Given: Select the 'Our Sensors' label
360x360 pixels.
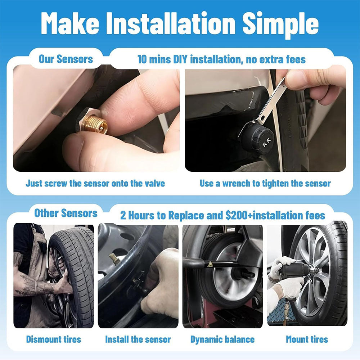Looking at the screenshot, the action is click(66, 59).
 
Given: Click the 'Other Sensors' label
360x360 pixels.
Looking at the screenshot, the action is click(66, 213).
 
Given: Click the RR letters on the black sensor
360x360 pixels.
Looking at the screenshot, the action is click(267, 142).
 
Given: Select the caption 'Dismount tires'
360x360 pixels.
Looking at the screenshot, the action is click(54, 339).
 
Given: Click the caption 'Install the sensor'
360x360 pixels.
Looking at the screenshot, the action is click(138, 339).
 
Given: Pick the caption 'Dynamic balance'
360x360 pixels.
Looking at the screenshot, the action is click(222, 339).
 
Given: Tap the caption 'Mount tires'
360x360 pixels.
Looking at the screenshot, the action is click(307, 339).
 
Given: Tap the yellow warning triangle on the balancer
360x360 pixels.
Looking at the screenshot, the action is click(210, 265).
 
